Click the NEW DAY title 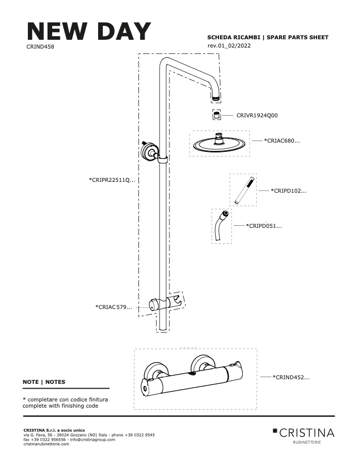[89, 31]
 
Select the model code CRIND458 [40, 47]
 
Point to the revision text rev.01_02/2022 [229, 45]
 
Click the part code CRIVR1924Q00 [257, 115]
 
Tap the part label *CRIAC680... [281, 141]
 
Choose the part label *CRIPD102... [289, 191]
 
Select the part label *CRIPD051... [264, 226]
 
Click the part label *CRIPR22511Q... [112, 180]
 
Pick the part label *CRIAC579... [114, 307]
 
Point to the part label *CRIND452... [291, 377]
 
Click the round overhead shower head [220, 145]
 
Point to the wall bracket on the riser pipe [150, 152]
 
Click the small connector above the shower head [217, 115]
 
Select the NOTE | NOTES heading [44, 382]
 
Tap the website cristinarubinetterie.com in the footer [46, 444]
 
